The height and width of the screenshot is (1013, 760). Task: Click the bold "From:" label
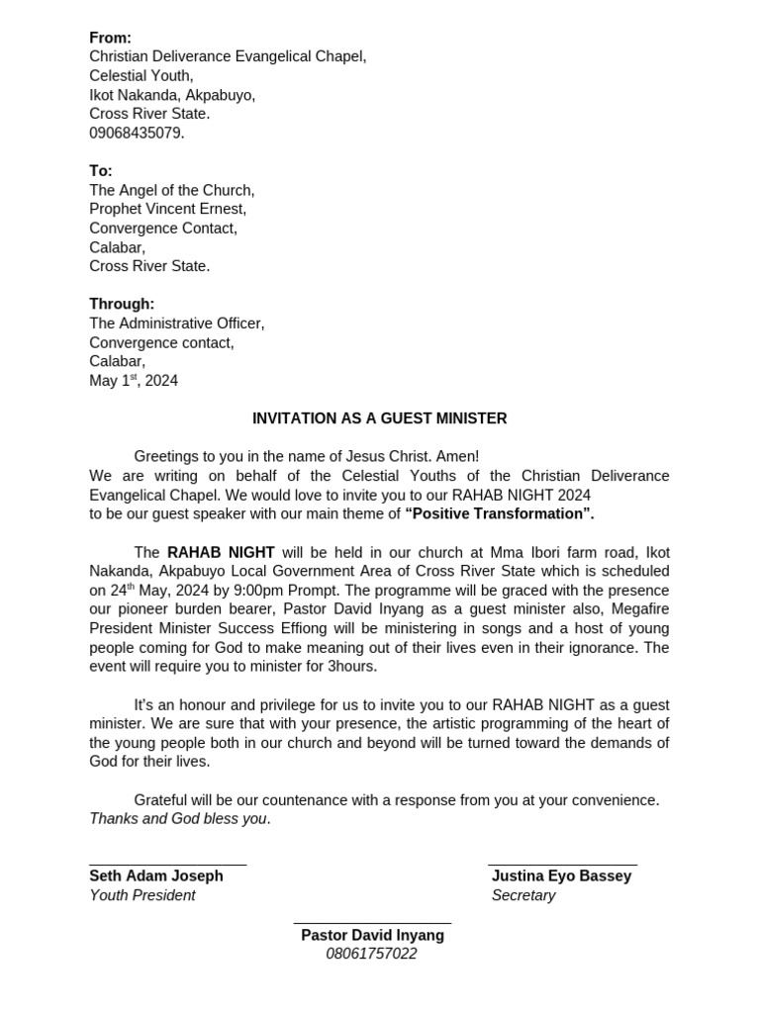110,38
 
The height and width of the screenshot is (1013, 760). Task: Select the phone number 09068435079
137,133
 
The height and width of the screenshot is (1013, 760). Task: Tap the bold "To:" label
101,171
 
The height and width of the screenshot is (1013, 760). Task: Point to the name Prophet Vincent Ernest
167,209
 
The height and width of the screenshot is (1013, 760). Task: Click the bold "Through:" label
122,304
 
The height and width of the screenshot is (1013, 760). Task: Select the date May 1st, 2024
134,381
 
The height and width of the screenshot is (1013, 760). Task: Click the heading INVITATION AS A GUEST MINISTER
379,418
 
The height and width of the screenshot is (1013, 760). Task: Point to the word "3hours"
352,667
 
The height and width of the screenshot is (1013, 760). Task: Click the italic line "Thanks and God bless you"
179,819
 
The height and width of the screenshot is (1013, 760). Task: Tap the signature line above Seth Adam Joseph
167,865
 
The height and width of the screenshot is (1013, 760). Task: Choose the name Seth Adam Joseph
156,876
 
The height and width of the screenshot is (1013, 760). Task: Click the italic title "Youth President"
142,895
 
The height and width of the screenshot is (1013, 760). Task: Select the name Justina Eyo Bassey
561,876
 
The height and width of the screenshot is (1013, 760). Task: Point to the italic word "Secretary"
523,895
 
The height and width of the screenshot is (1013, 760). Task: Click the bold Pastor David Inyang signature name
372,935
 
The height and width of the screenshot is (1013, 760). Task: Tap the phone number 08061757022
371,954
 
